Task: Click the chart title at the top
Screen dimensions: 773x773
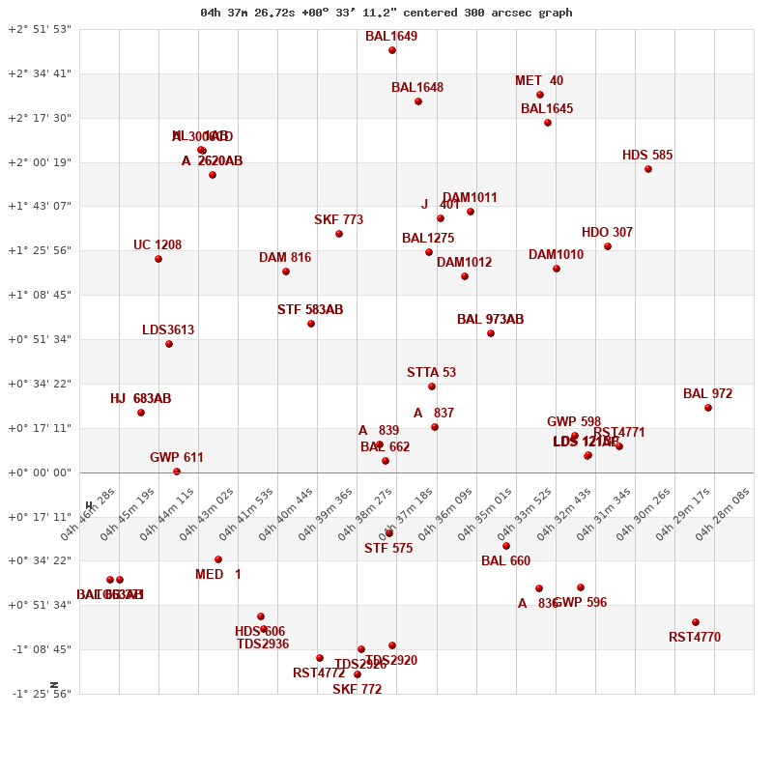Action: tap(386, 13)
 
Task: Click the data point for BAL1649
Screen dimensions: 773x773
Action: tap(392, 50)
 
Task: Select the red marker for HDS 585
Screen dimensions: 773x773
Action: tap(648, 169)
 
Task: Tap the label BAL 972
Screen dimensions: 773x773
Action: tap(707, 393)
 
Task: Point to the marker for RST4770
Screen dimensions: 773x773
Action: tap(696, 622)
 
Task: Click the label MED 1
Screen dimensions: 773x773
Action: tap(218, 574)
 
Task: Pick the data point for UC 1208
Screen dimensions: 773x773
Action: tap(158, 259)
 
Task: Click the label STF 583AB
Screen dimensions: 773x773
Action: tap(310, 309)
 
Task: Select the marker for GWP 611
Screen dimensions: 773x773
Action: tap(177, 472)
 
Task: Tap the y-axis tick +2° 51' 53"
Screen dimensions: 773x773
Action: tap(40, 29)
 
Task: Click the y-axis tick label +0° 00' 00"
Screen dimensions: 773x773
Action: tap(40, 472)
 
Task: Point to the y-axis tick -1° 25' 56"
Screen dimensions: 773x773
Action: tap(40, 694)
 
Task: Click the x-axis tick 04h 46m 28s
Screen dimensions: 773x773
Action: tap(89, 513)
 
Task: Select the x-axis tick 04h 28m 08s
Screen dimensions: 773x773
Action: tap(724, 513)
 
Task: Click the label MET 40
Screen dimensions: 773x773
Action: tap(539, 80)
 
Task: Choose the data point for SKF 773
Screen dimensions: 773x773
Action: tap(339, 234)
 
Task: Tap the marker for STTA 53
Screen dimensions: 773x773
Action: tap(432, 386)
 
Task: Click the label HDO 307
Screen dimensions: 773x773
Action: tap(607, 232)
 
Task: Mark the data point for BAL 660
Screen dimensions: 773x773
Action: tap(506, 546)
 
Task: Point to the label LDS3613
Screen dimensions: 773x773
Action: tap(168, 329)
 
